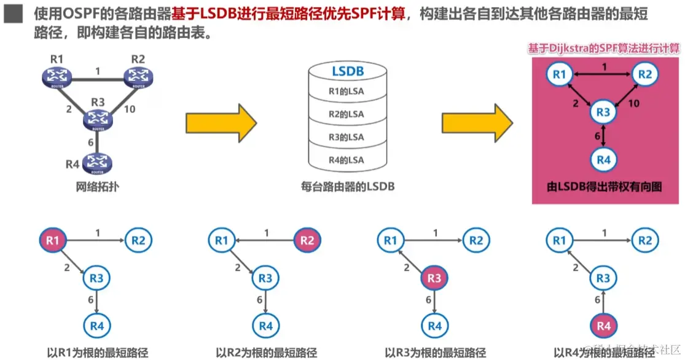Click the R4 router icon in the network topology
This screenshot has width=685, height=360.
pyautogui.click(x=96, y=163)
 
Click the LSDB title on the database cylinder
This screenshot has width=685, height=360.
pyautogui.click(x=348, y=71)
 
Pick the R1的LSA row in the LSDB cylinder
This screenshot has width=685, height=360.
pyautogui.click(x=346, y=92)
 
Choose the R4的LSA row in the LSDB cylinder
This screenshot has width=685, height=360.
pyautogui.click(x=346, y=160)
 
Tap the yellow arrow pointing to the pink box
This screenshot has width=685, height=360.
pyautogui.click(x=477, y=122)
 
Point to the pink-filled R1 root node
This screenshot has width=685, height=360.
pyautogui.click(x=53, y=240)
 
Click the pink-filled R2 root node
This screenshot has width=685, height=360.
pyautogui.click(x=307, y=240)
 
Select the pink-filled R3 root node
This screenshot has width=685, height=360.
pyautogui.click(x=434, y=278)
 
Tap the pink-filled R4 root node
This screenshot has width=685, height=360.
pyautogui.click(x=603, y=326)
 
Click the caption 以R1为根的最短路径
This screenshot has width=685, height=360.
pyautogui.click(x=98, y=353)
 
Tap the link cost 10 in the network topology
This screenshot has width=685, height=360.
pyautogui.click(x=130, y=110)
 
